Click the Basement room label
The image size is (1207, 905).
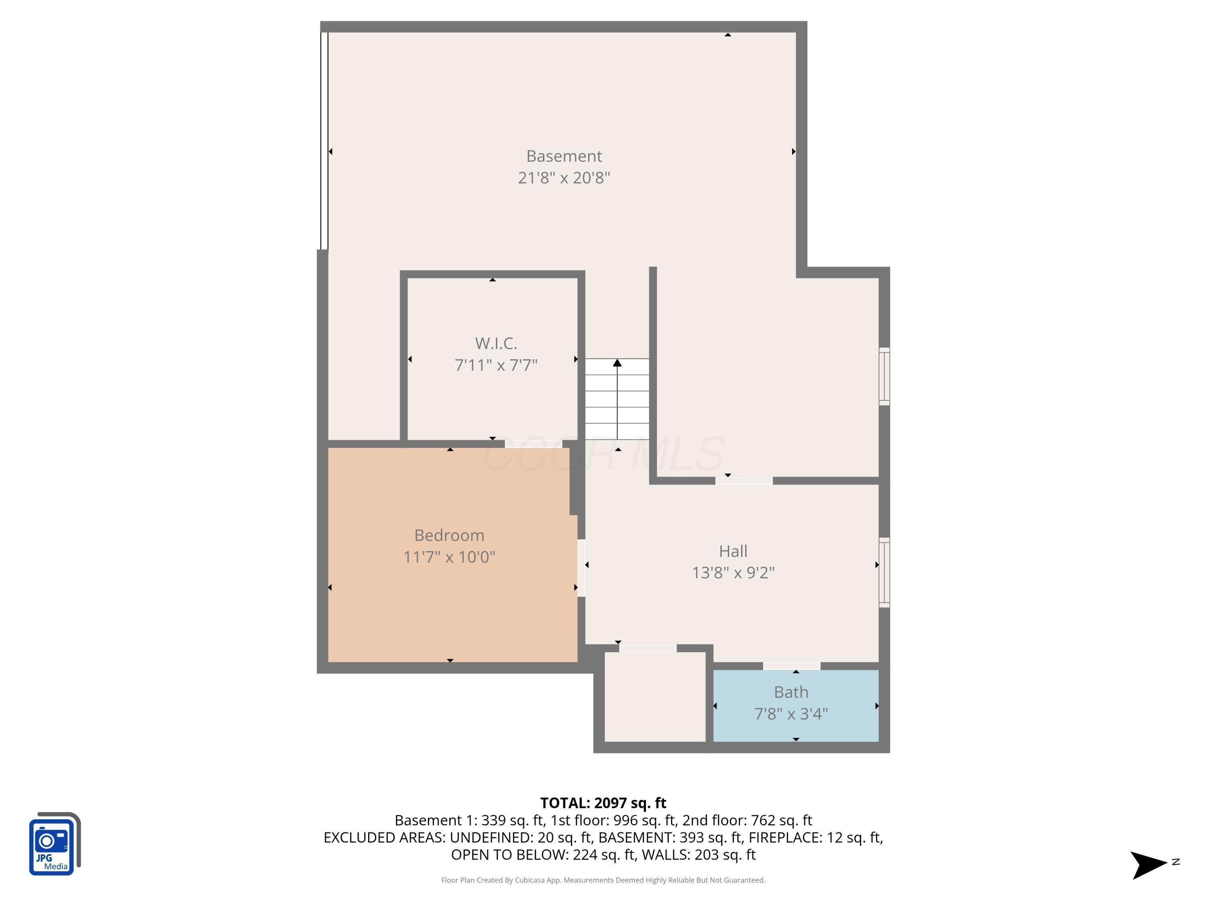(x=564, y=156)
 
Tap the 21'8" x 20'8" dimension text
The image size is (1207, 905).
(x=564, y=178)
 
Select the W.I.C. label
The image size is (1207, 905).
(x=495, y=343)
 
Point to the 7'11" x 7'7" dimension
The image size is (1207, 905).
(x=495, y=365)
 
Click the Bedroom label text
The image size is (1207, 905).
(x=449, y=535)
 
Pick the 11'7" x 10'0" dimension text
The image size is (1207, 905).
(x=449, y=557)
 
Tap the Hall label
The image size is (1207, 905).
(x=733, y=551)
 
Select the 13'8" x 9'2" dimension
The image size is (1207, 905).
(x=733, y=573)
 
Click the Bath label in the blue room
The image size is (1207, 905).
(x=791, y=692)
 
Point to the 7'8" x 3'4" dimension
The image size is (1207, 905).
(x=791, y=714)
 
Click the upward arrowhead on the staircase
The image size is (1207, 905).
(x=617, y=363)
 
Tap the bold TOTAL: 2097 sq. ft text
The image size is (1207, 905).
(x=603, y=803)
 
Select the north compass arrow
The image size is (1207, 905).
(x=1149, y=865)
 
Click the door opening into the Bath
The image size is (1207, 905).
(x=791, y=666)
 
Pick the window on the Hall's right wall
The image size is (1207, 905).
(x=884, y=572)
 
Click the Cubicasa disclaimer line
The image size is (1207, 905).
(x=603, y=880)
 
